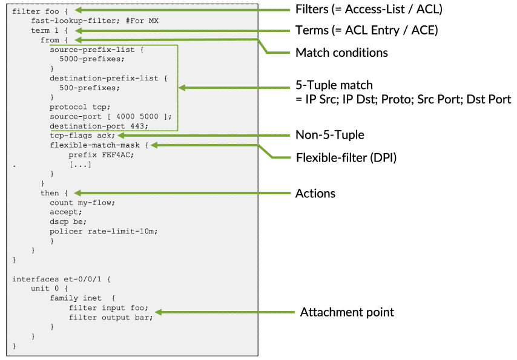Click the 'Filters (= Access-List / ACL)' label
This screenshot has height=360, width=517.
pyautogui.click(x=369, y=10)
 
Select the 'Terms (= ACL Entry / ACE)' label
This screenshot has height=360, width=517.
pyautogui.click(x=367, y=30)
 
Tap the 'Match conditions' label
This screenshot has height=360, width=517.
pyautogui.click(x=341, y=53)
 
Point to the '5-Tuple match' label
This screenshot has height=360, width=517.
pyautogui.click(x=334, y=86)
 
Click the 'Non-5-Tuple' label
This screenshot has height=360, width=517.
pyautogui.click(x=329, y=135)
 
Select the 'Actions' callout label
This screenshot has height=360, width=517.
pyautogui.click(x=315, y=194)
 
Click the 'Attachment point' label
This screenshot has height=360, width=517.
pyautogui.click(x=347, y=313)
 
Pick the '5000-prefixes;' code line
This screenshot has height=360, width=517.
pyautogui.click(x=90, y=59)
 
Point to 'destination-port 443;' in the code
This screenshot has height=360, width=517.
pyautogui.click(x=99, y=126)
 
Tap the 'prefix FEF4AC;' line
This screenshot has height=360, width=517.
pyautogui.click(x=101, y=154)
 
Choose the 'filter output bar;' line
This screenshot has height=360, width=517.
pyautogui.click(x=110, y=318)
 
